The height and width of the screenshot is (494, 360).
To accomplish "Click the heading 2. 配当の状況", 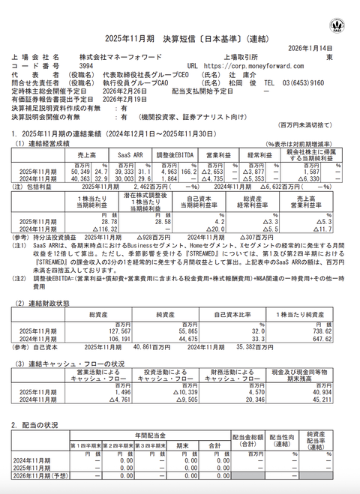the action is (34, 426).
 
